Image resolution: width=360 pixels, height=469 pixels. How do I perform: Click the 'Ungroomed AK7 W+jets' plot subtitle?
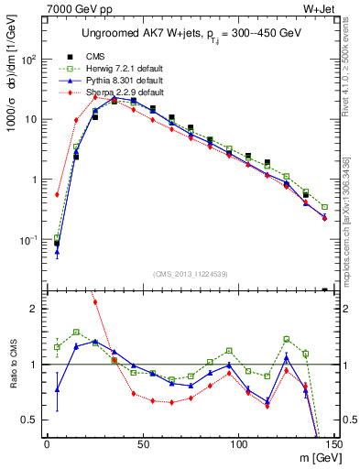point(188,35)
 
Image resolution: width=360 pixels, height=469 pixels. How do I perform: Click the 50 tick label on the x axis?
point(143,445)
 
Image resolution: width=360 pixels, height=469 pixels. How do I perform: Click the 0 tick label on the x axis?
point(47,445)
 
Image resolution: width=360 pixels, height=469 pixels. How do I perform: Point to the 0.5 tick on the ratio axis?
point(28,420)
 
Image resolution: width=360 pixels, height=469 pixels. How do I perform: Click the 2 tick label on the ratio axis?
point(33,309)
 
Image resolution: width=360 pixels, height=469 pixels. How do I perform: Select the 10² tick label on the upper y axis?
point(27,60)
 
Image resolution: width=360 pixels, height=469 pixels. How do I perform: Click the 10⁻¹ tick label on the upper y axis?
point(27,240)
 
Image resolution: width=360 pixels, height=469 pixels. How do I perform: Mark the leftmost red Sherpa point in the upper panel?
point(57,194)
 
